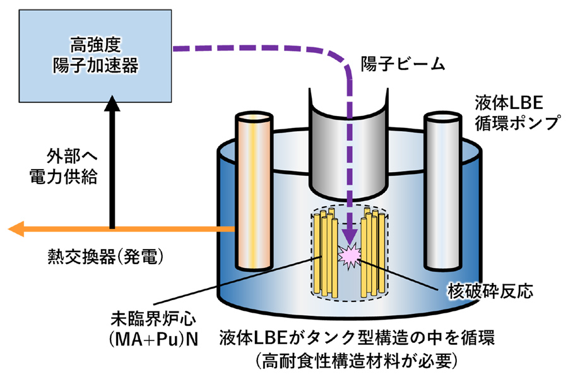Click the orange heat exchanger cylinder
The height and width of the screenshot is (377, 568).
click(x=254, y=189)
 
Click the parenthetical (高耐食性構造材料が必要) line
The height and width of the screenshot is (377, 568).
click(x=360, y=361)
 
